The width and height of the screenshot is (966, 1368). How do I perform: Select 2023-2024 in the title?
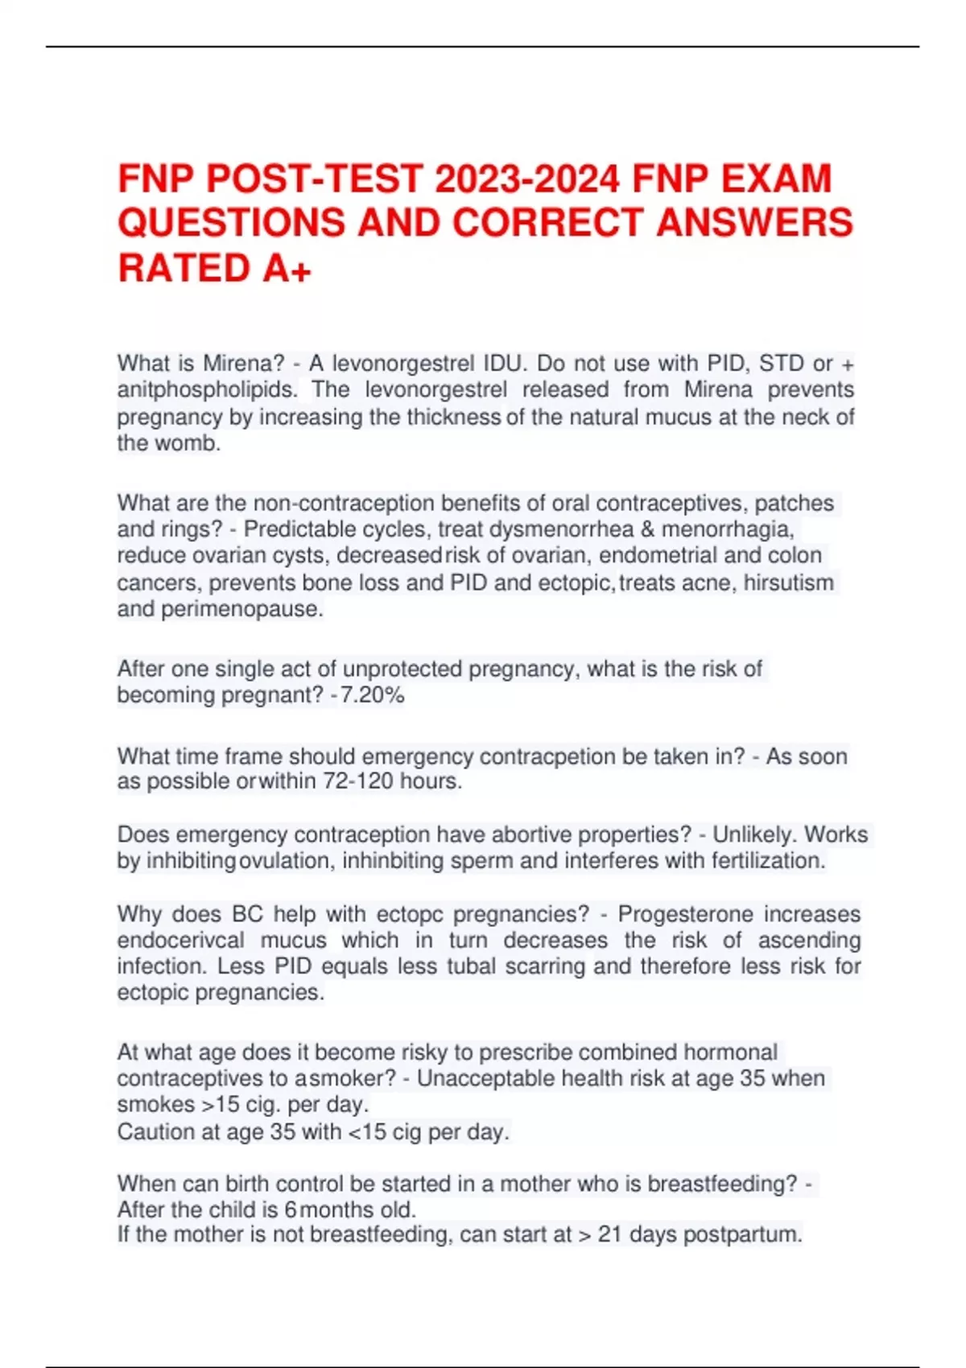527,179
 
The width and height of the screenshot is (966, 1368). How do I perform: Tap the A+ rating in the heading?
287,268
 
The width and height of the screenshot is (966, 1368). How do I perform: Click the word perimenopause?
242,609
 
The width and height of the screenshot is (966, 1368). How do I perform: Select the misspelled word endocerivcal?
180,941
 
